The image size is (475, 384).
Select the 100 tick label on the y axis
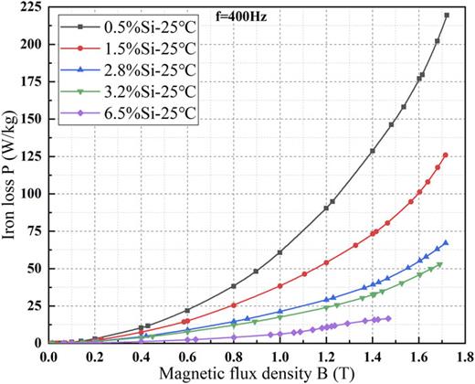click(33, 194)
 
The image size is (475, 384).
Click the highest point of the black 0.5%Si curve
click(446, 16)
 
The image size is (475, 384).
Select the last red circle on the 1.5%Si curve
click(446, 155)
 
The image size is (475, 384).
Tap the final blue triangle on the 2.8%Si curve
click(446, 243)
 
